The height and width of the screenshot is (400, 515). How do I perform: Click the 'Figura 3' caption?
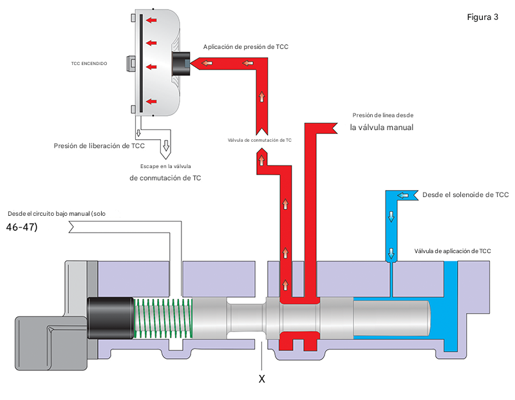pos(483,17)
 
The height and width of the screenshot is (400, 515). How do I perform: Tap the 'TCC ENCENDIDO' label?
pos(89,64)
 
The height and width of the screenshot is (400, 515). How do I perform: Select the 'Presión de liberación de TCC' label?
pos(99,146)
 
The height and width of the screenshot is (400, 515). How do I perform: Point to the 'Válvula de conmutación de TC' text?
pos(259,140)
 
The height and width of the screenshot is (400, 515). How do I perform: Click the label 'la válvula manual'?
pos(381,128)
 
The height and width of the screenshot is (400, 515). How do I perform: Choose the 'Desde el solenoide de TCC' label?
pos(465,195)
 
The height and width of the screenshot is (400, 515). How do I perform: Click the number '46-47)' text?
pos(21,227)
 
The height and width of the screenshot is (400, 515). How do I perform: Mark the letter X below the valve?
pos(261,379)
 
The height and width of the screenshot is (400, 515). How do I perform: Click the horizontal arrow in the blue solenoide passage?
pos(404,195)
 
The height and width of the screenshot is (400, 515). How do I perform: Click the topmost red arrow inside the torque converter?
pos(152,20)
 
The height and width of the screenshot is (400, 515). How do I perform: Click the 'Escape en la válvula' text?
pos(165,166)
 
